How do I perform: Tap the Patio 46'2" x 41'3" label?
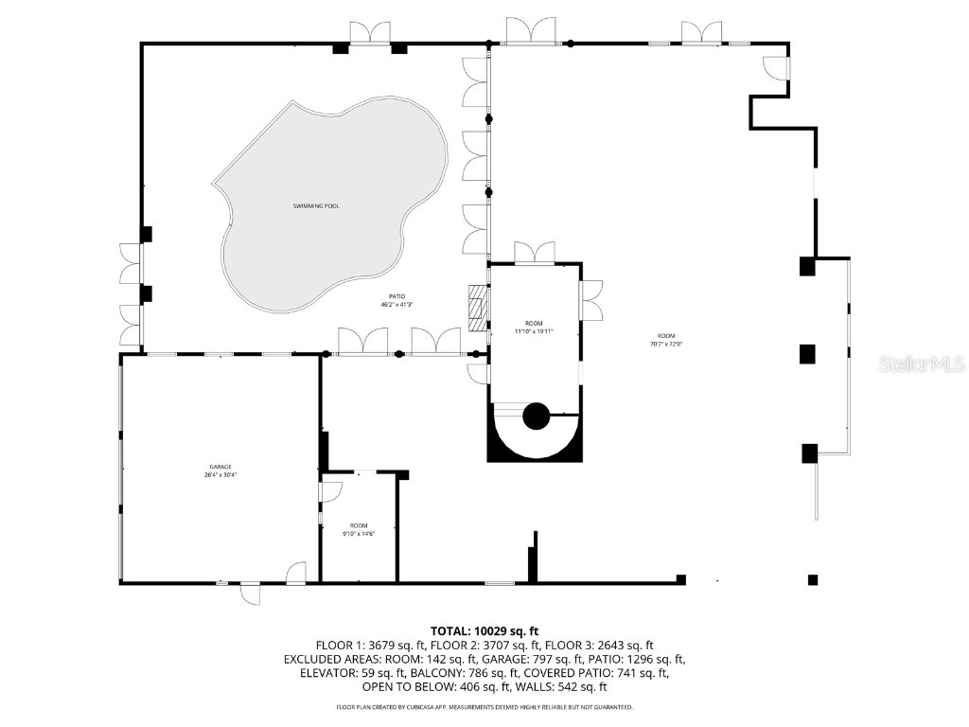click(x=397, y=301)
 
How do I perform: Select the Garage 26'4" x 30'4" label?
click(x=220, y=470)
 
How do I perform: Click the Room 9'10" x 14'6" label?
click(x=359, y=530)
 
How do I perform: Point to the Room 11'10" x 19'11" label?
click(x=533, y=327)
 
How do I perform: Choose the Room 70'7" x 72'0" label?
click(x=666, y=340)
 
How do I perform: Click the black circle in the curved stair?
click(x=537, y=415)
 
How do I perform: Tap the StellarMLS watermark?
click(x=921, y=363)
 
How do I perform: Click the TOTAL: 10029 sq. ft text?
click(x=484, y=630)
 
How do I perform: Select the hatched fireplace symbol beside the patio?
click(x=478, y=305)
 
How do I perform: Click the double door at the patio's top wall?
click(x=370, y=33)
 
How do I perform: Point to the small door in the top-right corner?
click(x=776, y=68)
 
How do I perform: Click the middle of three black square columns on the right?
click(x=807, y=355)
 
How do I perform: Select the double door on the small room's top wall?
click(x=534, y=253)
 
